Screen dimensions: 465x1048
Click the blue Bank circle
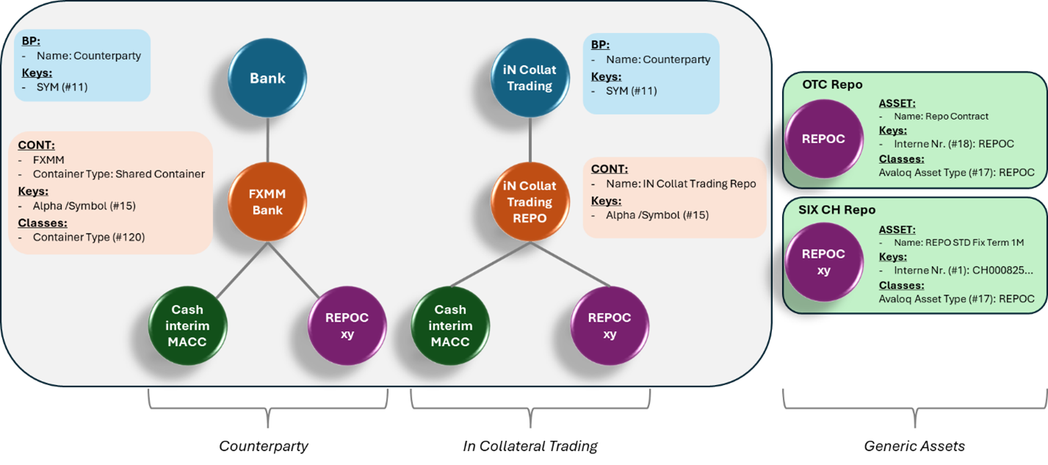point(267,78)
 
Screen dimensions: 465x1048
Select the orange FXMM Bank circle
point(267,201)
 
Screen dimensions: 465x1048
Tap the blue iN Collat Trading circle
point(530,78)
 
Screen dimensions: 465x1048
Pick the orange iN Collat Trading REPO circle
point(530,201)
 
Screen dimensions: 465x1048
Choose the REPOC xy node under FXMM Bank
point(348,325)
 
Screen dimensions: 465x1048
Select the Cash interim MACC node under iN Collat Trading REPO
point(449,325)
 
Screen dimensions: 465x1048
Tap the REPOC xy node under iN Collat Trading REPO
point(610,325)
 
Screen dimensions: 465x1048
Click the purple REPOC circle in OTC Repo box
point(823,139)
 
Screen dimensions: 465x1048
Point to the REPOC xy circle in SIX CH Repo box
point(823,262)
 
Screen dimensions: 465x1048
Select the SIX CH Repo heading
point(836,209)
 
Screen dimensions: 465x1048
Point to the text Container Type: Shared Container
point(118,174)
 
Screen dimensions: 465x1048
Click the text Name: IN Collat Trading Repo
point(681,184)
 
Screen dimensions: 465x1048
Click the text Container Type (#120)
point(89,237)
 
